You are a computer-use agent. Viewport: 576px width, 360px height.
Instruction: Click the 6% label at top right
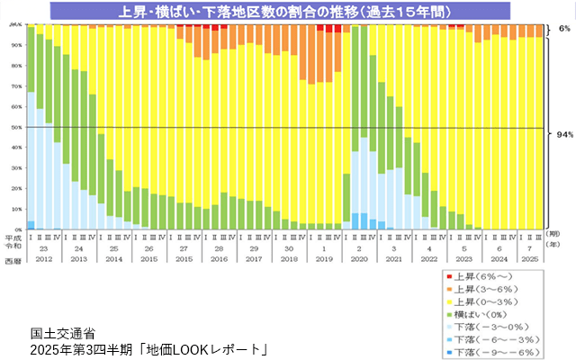(564, 29)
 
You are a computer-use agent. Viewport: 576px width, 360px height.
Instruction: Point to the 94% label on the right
(564, 134)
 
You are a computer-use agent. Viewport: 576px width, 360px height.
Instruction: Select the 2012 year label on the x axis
(43, 259)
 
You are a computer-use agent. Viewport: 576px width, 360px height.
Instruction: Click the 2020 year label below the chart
(358, 259)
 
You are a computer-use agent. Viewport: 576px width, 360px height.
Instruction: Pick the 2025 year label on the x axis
(531, 259)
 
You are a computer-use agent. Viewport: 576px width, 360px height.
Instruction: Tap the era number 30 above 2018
(288, 247)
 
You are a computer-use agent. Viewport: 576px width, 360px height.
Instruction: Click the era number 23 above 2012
(43, 247)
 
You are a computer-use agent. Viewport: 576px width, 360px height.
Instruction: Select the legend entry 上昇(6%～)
(486, 274)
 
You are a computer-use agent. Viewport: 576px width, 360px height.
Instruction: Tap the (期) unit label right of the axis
(555, 233)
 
